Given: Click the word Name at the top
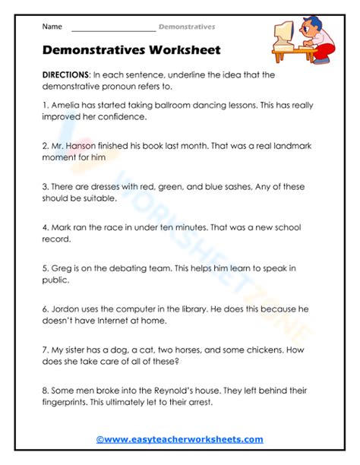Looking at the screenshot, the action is tap(52, 27).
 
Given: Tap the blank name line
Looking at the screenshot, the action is tap(112, 29).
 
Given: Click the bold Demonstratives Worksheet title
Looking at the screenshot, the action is tap(131, 50).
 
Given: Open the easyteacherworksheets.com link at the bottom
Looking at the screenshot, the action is tap(179, 439).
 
